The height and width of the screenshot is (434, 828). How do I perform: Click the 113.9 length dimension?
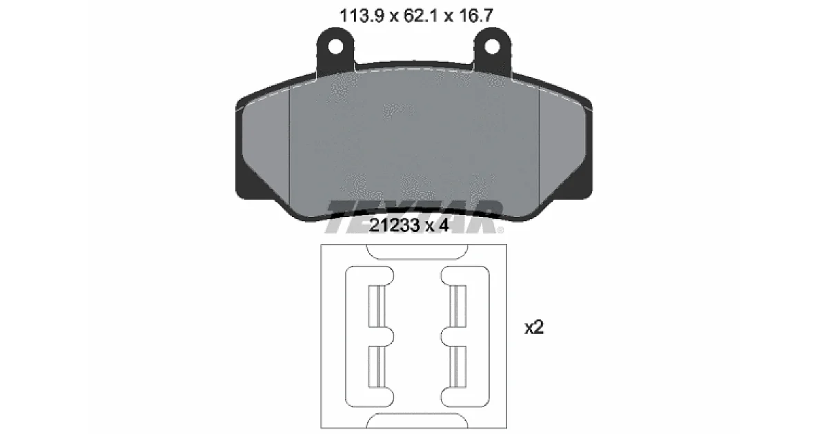[x=362, y=16]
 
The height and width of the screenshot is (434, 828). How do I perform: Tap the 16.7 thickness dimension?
[x=475, y=16]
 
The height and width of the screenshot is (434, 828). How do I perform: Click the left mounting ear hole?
[x=335, y=48]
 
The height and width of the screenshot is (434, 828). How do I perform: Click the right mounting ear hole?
[x=492, y=48]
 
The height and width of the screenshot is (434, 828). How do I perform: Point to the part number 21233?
[x=395, y=225]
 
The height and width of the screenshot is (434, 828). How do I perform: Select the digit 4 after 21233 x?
[x=443, y=225]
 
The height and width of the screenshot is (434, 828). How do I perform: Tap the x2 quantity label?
[x=534, y=327]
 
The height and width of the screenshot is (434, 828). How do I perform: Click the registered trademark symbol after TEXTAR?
[x=500, y=230]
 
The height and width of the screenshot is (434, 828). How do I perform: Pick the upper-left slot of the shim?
[x=377, y=306]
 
